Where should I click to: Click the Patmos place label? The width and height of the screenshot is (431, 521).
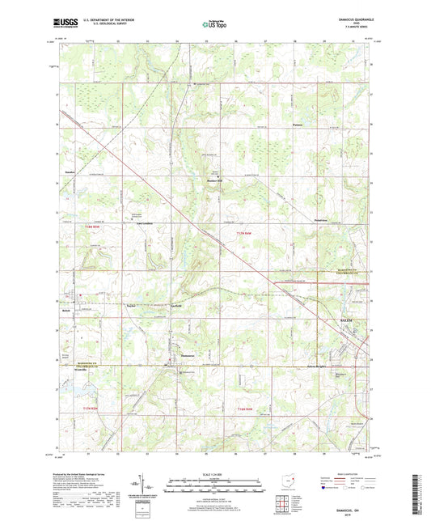click(298, 126)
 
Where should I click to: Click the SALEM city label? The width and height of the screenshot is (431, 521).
click(344, 321)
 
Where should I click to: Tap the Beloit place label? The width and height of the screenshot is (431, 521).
click(68, 311)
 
